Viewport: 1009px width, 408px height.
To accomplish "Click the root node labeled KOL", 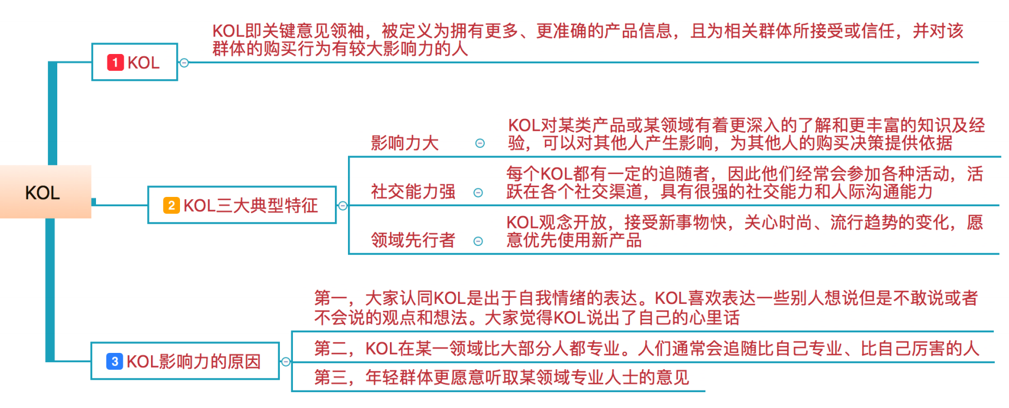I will [x=43, y=193].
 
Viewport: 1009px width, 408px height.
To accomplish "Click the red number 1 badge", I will [x=115, y=63].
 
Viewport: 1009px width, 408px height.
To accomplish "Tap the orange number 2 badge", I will [x=171, y=206].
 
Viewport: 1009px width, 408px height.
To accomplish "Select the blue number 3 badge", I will [x=115, y=361].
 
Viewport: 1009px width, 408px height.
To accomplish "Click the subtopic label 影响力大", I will [x=405, y=143].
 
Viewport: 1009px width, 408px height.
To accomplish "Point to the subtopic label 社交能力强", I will [x=413, y=192].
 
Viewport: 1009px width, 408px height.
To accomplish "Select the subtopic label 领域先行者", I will [x=413, y=240].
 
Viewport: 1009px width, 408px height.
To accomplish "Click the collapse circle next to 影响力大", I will [x=480, y=143].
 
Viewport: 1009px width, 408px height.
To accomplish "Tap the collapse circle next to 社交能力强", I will [x=478, y=193].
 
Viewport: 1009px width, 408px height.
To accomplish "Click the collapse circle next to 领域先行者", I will [x=478, y=241].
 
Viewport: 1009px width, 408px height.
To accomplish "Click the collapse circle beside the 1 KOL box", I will [x=184, y=63].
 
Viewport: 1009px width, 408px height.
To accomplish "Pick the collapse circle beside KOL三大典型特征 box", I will [x=343, y=206].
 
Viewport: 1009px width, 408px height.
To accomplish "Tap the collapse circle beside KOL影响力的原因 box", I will [x=286, y=361].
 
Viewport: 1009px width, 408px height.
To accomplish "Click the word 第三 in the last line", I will [x=331, y=377].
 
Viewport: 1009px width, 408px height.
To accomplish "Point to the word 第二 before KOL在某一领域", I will [x=331, y=349].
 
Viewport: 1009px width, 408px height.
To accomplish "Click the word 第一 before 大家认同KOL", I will [x=331, y=298].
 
